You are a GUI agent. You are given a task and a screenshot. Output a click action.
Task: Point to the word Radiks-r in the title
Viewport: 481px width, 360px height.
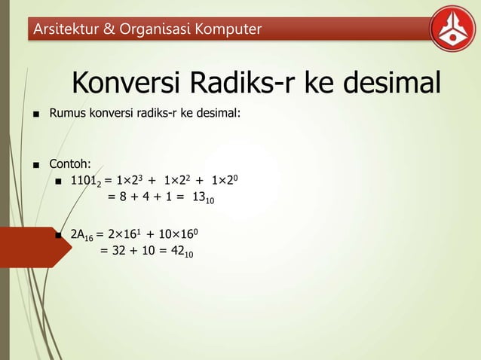[x=239, y=84]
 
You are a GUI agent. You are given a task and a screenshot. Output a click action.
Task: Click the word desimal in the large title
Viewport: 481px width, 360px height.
[x=388, y=84]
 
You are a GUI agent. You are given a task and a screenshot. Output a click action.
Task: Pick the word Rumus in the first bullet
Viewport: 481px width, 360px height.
[x=67, y=117]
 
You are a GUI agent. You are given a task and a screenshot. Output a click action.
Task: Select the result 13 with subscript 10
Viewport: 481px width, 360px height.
[x=203, y=198]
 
